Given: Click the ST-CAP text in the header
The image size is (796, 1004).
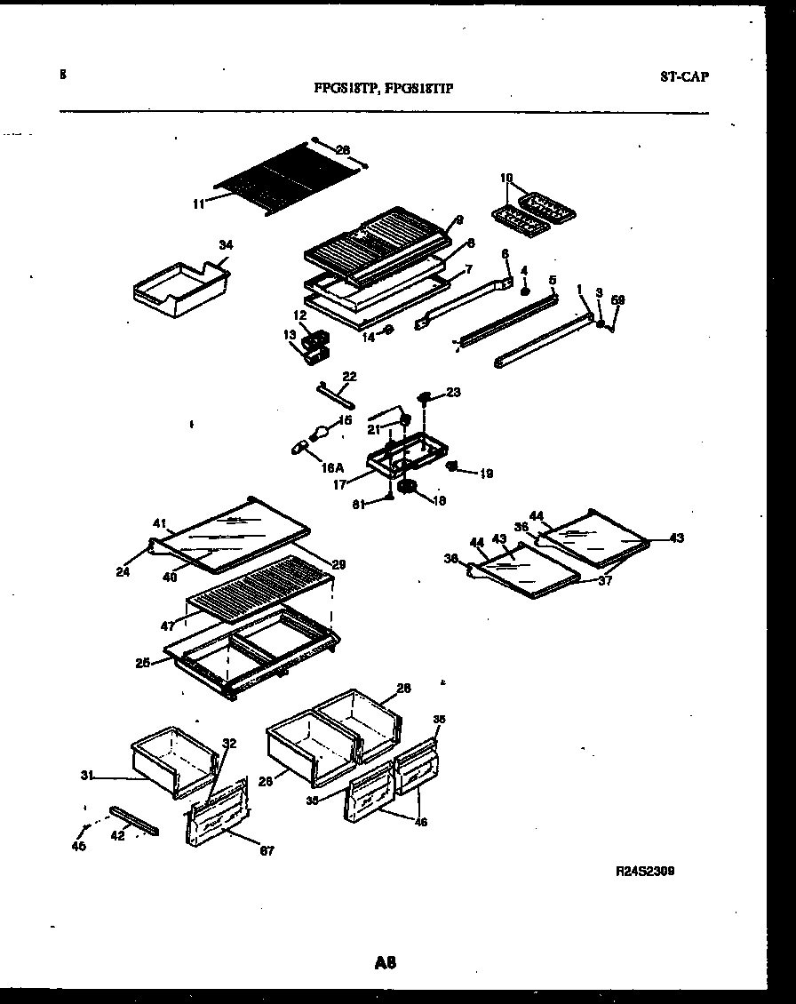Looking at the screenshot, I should pos(684,76).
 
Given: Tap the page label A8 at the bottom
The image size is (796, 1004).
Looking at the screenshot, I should pos(385,961).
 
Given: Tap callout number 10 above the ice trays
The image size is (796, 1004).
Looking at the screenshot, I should pos(506,178).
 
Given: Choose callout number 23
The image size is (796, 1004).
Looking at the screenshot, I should pos(454,391).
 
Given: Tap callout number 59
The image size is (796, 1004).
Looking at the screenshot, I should pos(618,300).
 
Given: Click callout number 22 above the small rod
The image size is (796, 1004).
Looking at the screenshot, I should pos(349,377).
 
